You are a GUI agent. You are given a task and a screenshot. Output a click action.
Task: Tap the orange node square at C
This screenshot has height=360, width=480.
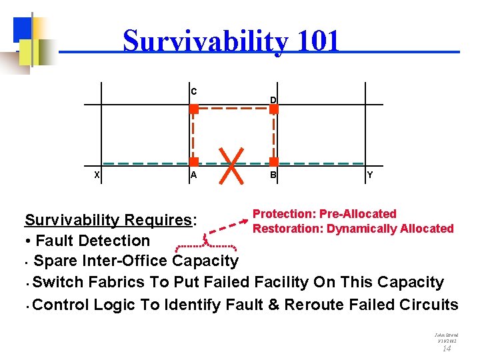tap(193, 109)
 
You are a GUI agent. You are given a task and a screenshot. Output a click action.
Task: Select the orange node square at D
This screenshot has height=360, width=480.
tap(273, 109)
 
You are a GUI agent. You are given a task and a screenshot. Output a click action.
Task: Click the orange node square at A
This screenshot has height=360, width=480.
tap(193, 162)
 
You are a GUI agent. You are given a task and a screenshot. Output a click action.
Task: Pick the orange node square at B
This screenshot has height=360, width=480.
tap(273, 162)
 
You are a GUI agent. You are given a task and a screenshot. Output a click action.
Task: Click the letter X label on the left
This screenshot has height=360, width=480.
tap(97, 175)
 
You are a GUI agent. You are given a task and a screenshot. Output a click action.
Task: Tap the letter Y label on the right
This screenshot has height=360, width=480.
tap(370, 175)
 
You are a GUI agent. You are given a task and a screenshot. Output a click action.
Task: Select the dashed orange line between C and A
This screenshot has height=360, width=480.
tap(193, 135)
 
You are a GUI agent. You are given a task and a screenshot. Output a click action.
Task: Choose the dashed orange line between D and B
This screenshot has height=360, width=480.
tap(274, 135)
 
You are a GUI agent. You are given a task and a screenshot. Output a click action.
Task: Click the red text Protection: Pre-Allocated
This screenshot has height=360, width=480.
tap(324, 214)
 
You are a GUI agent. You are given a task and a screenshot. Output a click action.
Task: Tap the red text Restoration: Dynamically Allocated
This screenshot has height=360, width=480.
tap(353, 229)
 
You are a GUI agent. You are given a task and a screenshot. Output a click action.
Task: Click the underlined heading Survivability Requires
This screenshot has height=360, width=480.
tap(108, 220)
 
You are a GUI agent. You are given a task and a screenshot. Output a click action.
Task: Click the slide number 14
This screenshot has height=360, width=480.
tap(447, 348)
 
